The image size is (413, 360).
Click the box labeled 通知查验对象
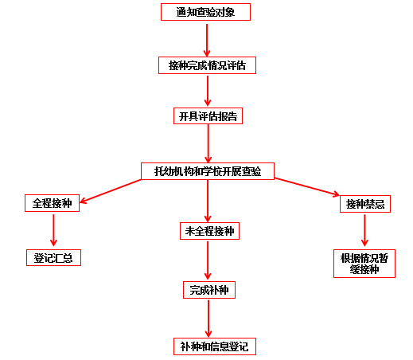coord(205,12)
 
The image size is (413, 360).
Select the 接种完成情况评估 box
coord(207,65)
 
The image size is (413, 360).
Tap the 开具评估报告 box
coord(208,116)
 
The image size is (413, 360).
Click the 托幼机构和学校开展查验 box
coord(208,171)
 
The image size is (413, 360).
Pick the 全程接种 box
coord(52,203)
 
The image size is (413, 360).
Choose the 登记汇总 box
coord(53,257)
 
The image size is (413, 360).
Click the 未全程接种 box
coord(209,231)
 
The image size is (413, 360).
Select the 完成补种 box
coord(209,290)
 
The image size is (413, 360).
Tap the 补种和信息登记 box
coord(215,346)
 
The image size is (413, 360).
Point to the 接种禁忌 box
coord(365,204)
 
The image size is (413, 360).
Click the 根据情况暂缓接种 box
coord(364,264)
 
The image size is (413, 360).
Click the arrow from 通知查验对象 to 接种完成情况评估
coord(207,40)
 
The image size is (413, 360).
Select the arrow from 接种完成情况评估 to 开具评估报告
coord(208,91)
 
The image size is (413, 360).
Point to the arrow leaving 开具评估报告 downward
coord(208,143)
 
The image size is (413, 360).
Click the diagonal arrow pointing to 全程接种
coord(111,191)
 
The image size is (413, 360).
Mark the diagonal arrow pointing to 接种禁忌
coord(307,187)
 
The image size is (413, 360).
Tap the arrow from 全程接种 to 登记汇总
coord(53,230)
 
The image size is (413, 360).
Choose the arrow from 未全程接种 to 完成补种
coord(208,260)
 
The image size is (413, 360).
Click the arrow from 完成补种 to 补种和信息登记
coord(208,319)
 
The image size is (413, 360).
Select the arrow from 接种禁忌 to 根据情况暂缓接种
coord(364,230)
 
